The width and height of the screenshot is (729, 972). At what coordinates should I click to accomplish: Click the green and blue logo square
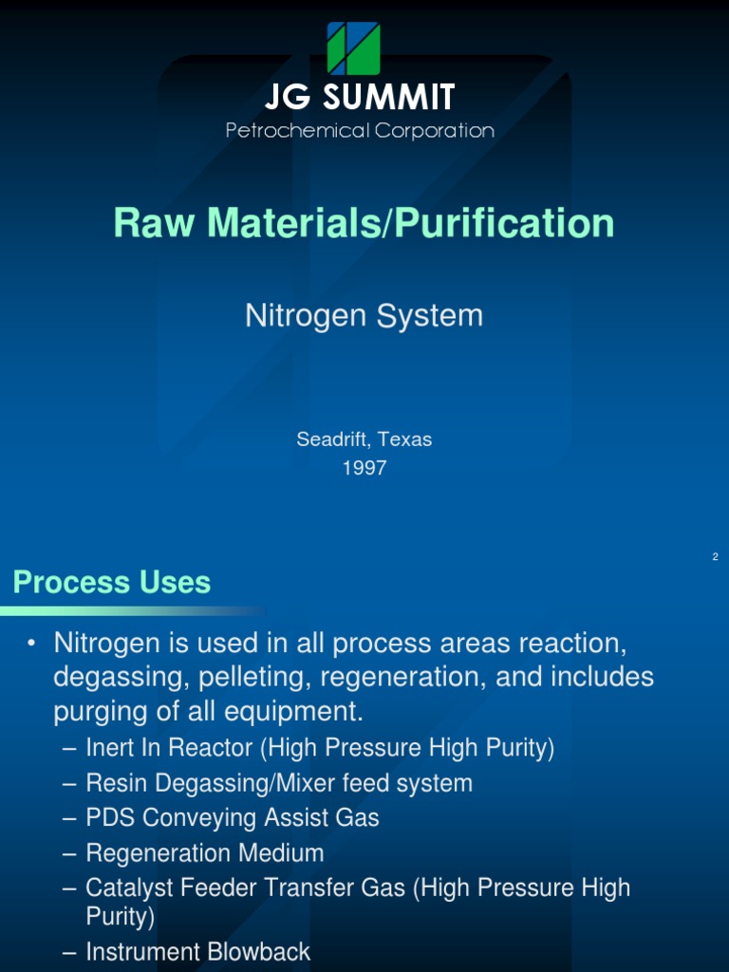pos(354,48)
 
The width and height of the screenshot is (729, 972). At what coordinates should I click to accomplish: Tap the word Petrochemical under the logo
pos(297,131)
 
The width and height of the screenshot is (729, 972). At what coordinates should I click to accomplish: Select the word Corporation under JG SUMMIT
pos(435,131)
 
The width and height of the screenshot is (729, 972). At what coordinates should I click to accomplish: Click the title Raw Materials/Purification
pos(364,223)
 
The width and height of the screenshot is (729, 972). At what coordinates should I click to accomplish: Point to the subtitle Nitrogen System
pos(364,315)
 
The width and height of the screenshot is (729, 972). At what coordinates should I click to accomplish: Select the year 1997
pos(364,468)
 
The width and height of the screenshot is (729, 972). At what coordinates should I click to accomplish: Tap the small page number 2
pos(715,556)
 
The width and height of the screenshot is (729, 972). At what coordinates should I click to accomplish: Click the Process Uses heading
pos(112,582)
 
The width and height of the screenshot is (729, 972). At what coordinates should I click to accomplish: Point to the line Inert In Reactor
pos(319,748)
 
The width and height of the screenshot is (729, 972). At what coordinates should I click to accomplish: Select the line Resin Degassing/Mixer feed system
pos(278,783)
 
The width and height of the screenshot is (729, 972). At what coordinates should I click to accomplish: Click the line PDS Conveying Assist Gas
pos(232,817)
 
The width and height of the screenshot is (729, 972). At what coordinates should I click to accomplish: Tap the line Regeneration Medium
pos(204,852)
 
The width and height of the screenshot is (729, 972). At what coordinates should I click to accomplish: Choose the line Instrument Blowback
pos(197,951)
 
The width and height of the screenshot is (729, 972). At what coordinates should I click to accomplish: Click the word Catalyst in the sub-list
pos(124,888)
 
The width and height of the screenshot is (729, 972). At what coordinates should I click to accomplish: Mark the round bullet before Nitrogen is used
pos(31,645)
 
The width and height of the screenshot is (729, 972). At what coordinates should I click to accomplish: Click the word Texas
pos(405,439)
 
